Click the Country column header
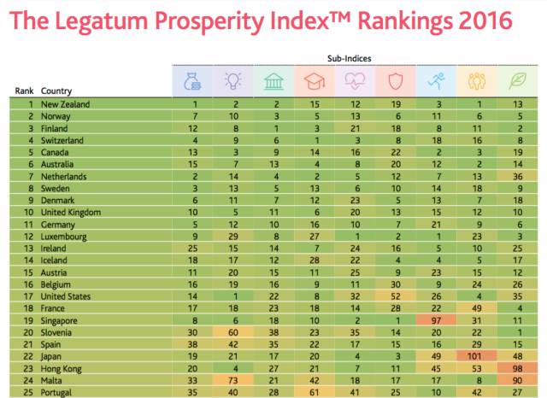point(57,90)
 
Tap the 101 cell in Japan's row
point(478,355)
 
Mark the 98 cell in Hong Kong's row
point(518,367)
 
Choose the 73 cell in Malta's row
point(232,379)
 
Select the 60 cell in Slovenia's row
point(232,331)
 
